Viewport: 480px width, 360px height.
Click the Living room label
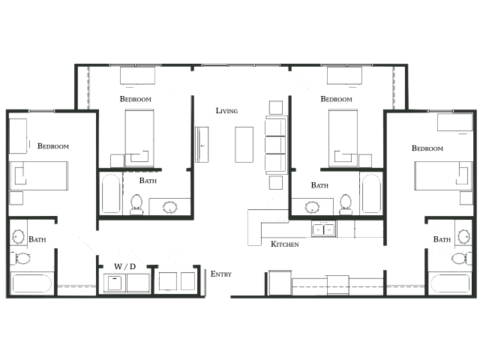[226, 111]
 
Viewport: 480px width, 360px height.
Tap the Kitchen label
[285, 244]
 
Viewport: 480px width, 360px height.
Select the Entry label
[221, 274]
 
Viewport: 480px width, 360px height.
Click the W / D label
[124, 267]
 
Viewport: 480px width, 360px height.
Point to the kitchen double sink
[323, 229]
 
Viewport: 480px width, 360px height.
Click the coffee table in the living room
[244, 145]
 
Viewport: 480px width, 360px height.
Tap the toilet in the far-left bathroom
[20, 258]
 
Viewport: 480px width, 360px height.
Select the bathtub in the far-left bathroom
[31, 283]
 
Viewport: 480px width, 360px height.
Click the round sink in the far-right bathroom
[463, 237]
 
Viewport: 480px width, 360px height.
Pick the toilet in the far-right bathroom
[462, 258]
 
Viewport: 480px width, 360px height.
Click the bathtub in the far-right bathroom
[450, 283]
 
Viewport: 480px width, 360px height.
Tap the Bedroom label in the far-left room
[53, 146]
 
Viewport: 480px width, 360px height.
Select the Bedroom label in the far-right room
[427, 148]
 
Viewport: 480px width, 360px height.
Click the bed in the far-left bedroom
[38, 176]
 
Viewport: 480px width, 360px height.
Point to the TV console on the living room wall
[202, 145]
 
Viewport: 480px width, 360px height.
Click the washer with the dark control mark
[115, 283]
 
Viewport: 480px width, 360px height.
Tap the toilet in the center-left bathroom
[136, 204]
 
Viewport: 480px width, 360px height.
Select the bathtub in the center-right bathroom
[371, 193]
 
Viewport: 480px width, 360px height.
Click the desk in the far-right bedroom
[455, 122]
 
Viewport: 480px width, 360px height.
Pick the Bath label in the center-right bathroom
[319, 185]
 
